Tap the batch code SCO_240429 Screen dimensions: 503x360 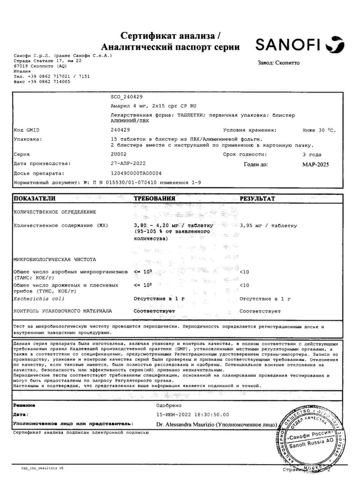(x=127, y=97)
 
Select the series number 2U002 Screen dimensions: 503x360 (x=118, y=154)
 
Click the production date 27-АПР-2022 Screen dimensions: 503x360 (x=128, y=163)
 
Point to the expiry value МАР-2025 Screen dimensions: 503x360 (x=315, y=165)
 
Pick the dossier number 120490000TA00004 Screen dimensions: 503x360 (x=136, y=173)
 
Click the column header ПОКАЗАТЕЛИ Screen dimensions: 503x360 (x=34, y=199)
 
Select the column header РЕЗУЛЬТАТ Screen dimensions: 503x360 (x=257, y=199)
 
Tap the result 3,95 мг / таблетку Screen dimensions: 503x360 (x=268, y=226)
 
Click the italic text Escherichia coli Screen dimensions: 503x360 (x=39, y=299)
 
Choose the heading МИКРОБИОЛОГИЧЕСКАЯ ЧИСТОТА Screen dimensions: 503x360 (x=55, y=259)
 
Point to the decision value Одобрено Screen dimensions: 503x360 (x=169, y=406)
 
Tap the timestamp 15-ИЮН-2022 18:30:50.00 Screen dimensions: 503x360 (x=192, y=415)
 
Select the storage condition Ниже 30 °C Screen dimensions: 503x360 (x=319, y=130)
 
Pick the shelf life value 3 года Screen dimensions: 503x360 (x=312, y=155)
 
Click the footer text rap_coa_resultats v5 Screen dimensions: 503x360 (x=42, y=468)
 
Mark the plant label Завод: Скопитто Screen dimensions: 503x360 (x=278, y=63)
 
